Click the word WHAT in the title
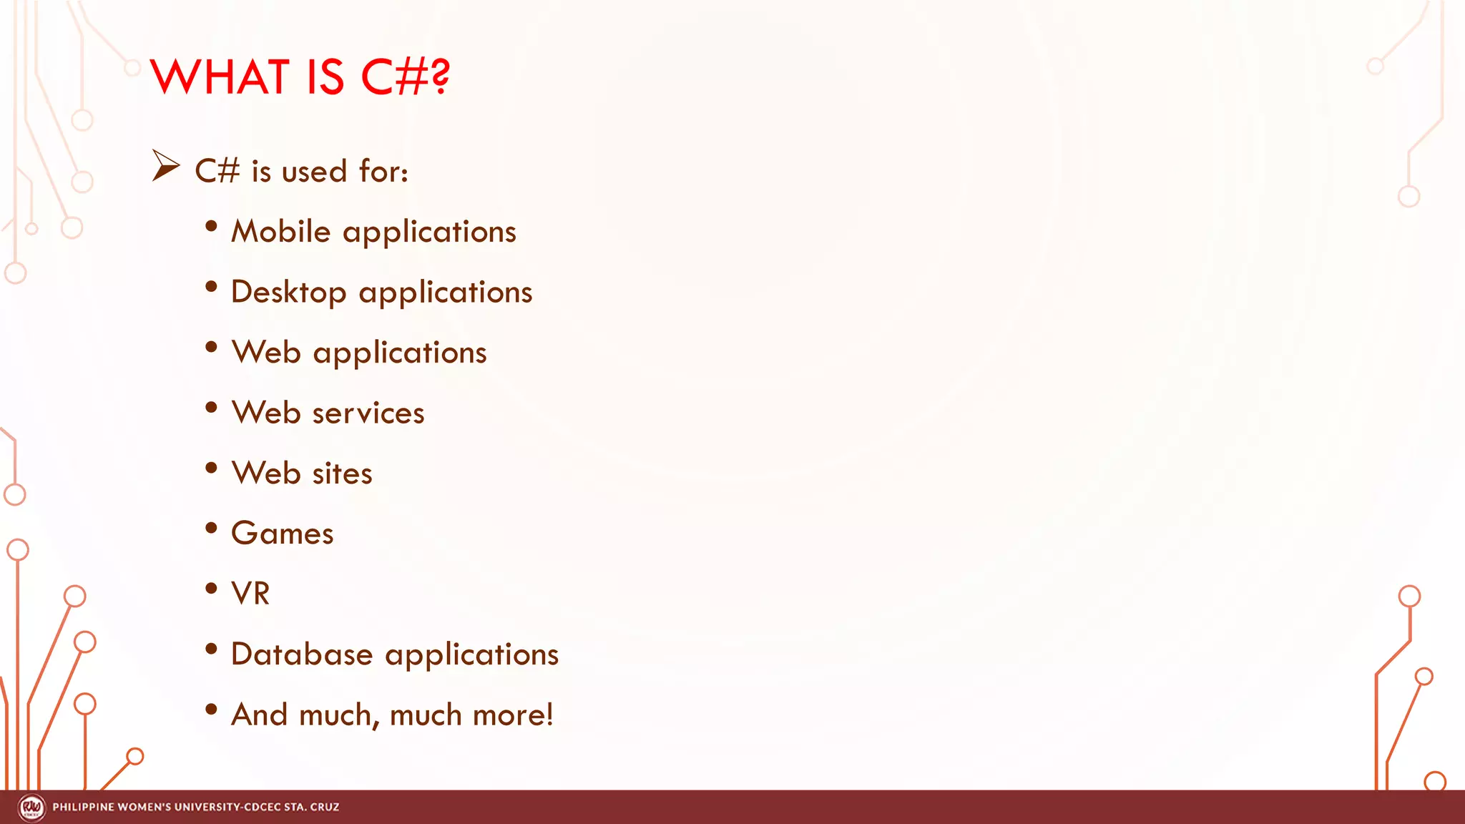pyautogui.click(x=220, y=77)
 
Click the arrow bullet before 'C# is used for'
pyautogui.click(x=165, y=166)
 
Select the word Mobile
pyautogui.click(x=280, y=232)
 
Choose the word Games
pyautogui.click(x=282, y=534)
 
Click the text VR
pyautogui.click(x=250, y=594)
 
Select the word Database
pyautogui.click(x=302, y=654)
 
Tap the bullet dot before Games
pyautogui.click(x=211, y=529)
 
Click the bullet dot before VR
pyautogui.click(x=211, y=589)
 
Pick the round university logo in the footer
pyautogui.click(x=31, y=808)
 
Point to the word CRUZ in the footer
pyautogui.click(x=325, y=808)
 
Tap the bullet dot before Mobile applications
pyautogui.click(x=211, y=227)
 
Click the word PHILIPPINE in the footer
pyautogui.click(x=83, y=808)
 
